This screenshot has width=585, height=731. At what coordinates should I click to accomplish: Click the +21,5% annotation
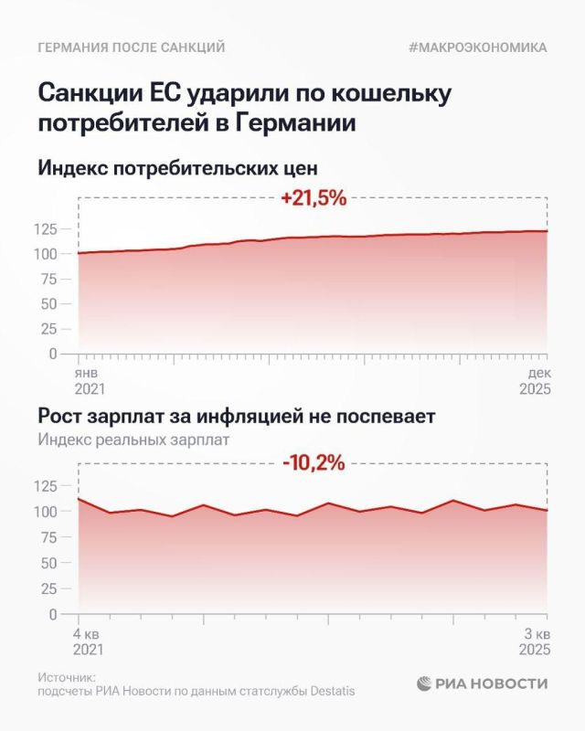pyautogui.click(x=314, y=197)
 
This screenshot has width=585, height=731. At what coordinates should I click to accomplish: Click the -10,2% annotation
pyautogui.click(x=313, y=463)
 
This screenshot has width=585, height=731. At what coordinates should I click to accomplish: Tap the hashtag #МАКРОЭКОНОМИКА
pyautogui.click(x=477, y=48)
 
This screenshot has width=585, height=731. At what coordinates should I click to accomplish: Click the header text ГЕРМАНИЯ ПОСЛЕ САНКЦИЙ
pyautogui.click(x=132, y=48)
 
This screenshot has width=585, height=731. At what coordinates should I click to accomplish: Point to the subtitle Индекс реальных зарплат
pyautogui.click(x=133, y=440)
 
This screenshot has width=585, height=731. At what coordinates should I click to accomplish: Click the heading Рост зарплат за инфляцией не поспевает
pyautogui.click(x=237, y=416)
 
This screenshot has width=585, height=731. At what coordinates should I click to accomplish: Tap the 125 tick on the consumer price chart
pyautogui.click(x=52, y=229)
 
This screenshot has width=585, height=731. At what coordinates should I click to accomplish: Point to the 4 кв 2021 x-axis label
pyautogui.click(x=89, y=643)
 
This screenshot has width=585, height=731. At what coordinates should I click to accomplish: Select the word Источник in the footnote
pyautogui.click(x=66, y=678)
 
